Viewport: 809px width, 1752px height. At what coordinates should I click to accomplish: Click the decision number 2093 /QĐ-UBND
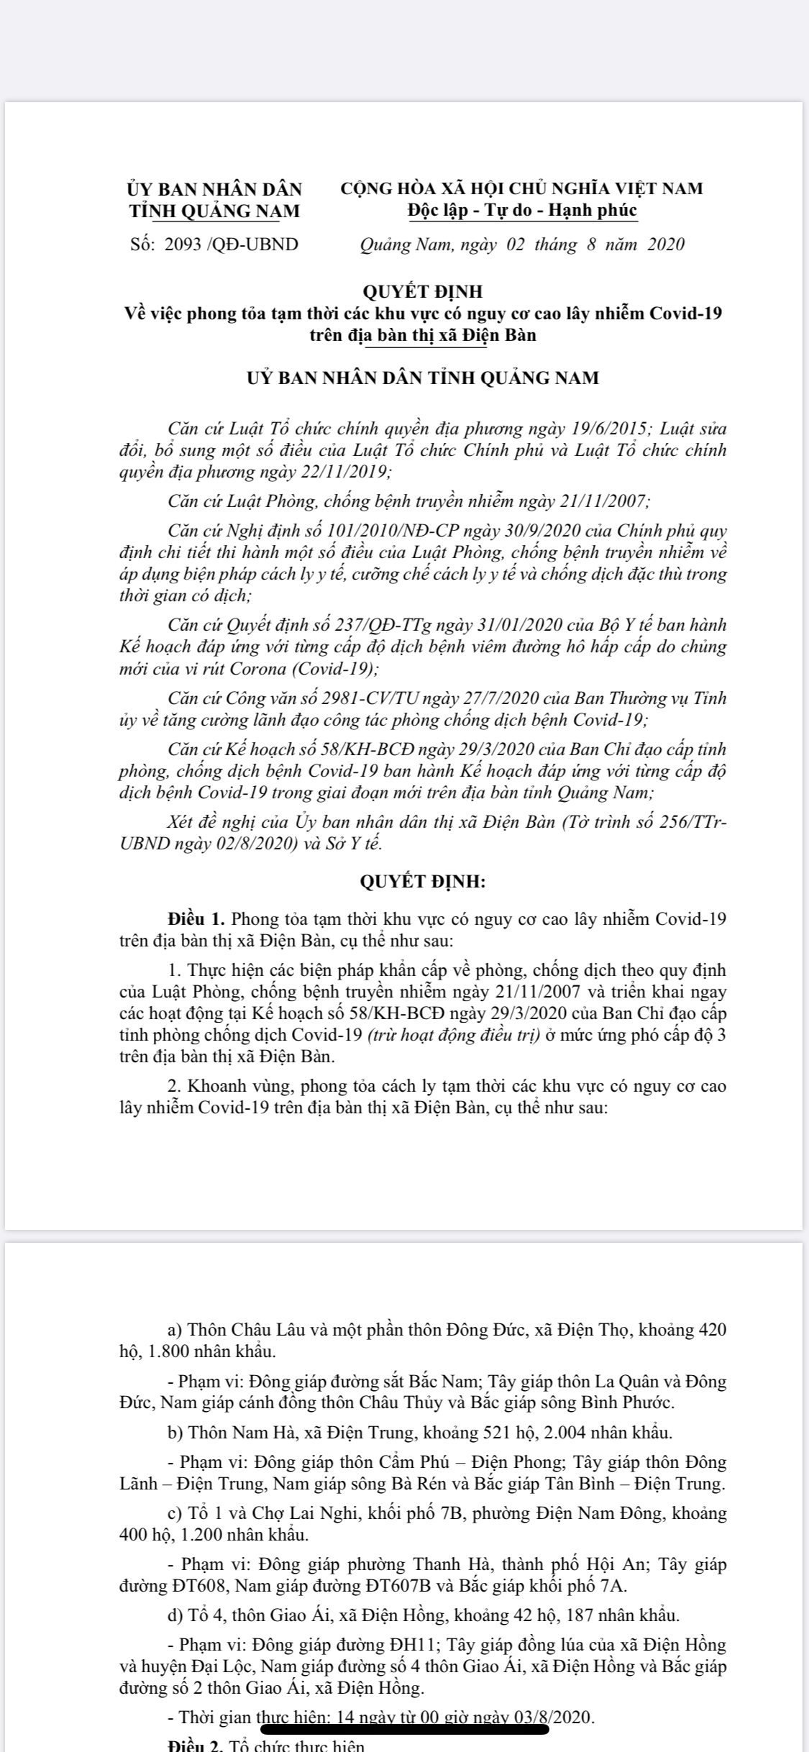tap(231, 245)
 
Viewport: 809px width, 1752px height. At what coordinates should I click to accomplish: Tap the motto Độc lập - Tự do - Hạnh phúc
tap(522, 211)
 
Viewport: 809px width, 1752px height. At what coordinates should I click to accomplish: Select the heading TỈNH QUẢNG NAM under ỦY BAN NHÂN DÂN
tap(214, 211)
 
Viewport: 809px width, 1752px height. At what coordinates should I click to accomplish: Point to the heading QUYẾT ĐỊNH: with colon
tap(423, 881)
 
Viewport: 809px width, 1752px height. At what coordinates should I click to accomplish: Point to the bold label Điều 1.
tap(198, 919)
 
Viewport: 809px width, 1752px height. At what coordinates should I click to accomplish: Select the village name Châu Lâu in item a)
tap(257, 1330)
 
